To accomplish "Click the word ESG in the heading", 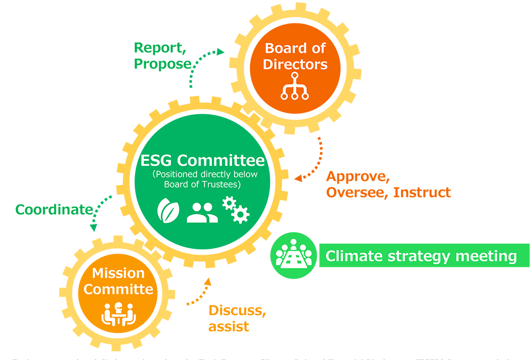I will pos(157,160).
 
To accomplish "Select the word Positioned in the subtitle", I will pos(173,174).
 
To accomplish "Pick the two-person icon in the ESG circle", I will pos(202,212).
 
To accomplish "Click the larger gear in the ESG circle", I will pos(241,214).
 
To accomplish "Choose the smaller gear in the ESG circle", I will pos(229,203).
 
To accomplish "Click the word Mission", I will pos(118,273).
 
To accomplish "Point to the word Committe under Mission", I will pos(118,290).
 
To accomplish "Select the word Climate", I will pos(354,256).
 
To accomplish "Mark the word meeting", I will pos(487,257).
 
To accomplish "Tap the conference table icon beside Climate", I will pos(294,253).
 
